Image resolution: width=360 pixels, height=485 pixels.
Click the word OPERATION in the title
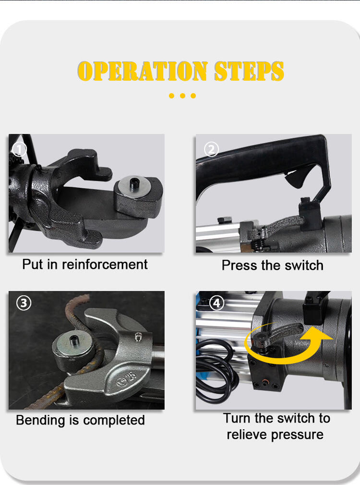coord(143,71)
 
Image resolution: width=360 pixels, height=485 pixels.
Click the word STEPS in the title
coord(249,71)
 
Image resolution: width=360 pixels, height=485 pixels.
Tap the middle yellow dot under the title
coord(182,96)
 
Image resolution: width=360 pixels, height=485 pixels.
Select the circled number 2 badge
coord(212,150)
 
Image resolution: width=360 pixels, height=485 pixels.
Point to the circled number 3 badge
coord(24,303)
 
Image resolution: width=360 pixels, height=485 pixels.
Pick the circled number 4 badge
coord(216,303)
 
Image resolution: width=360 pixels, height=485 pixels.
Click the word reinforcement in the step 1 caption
coord(105,265)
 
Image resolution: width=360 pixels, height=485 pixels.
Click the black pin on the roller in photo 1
coord(134,183)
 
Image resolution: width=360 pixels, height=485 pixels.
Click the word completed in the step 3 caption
coord(114,421)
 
